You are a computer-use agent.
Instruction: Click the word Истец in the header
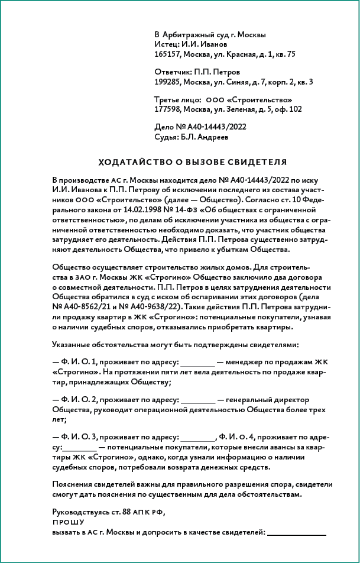click(x=165, y=44)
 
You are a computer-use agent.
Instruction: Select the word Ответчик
click(x=172, y=71)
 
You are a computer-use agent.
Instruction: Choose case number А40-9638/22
click(x=155, y=307)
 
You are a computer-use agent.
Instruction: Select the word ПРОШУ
click(x=68, y=523)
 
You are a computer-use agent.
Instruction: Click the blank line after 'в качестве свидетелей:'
click(x=296, y=534)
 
